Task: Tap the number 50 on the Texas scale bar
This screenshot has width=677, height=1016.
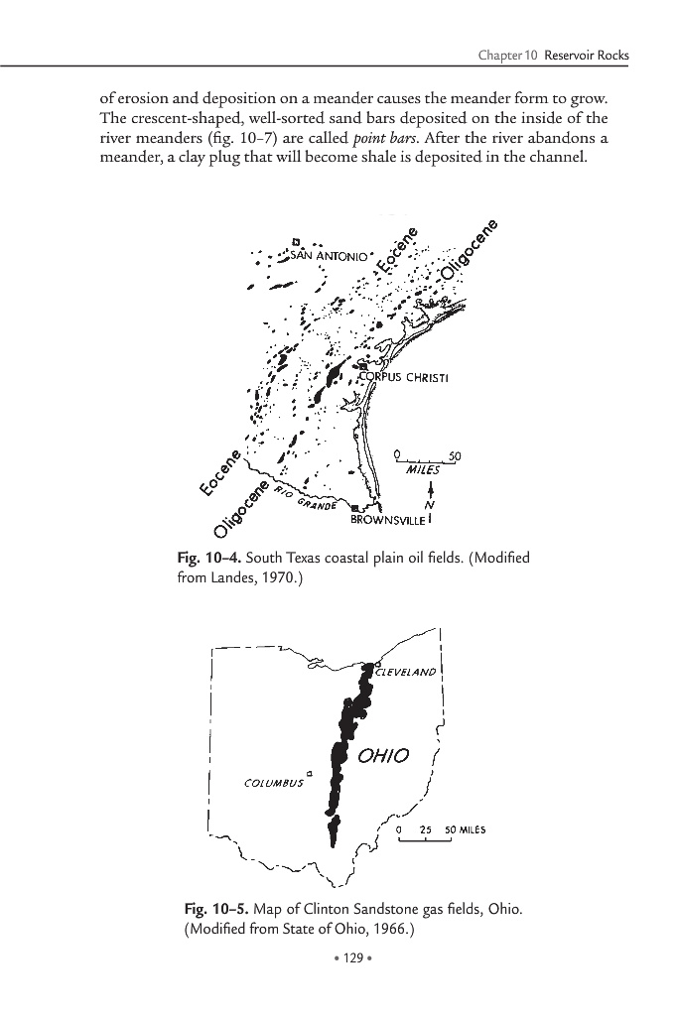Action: pos(455,454)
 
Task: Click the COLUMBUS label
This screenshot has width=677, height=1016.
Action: pos(272,782)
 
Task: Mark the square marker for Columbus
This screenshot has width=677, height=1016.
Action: pos(309,771)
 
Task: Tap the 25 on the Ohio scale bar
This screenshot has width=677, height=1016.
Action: pos(425,829)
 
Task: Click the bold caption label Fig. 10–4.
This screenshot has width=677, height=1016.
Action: pos(204,558)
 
